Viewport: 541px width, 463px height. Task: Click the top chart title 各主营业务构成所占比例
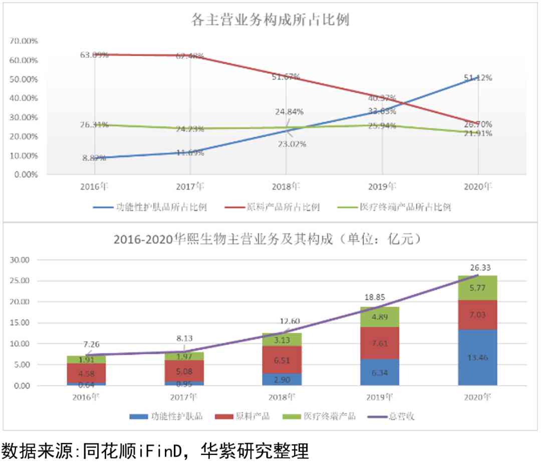point(270,20)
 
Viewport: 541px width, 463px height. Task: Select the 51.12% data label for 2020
point(478,78)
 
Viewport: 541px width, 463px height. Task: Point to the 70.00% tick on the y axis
point(24,41)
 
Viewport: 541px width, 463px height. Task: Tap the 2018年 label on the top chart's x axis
point(286,187)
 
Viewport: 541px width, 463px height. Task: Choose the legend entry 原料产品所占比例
point(284,207)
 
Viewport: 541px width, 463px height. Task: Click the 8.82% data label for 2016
point(94,158)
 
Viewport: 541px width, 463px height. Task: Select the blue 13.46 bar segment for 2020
point(478,357)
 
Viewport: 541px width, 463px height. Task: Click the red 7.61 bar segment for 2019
point(380,343)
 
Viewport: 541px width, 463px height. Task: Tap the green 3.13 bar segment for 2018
point(282,340)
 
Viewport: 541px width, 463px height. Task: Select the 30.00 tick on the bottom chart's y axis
point(21,260)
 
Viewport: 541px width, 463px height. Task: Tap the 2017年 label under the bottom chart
point(183,397)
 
